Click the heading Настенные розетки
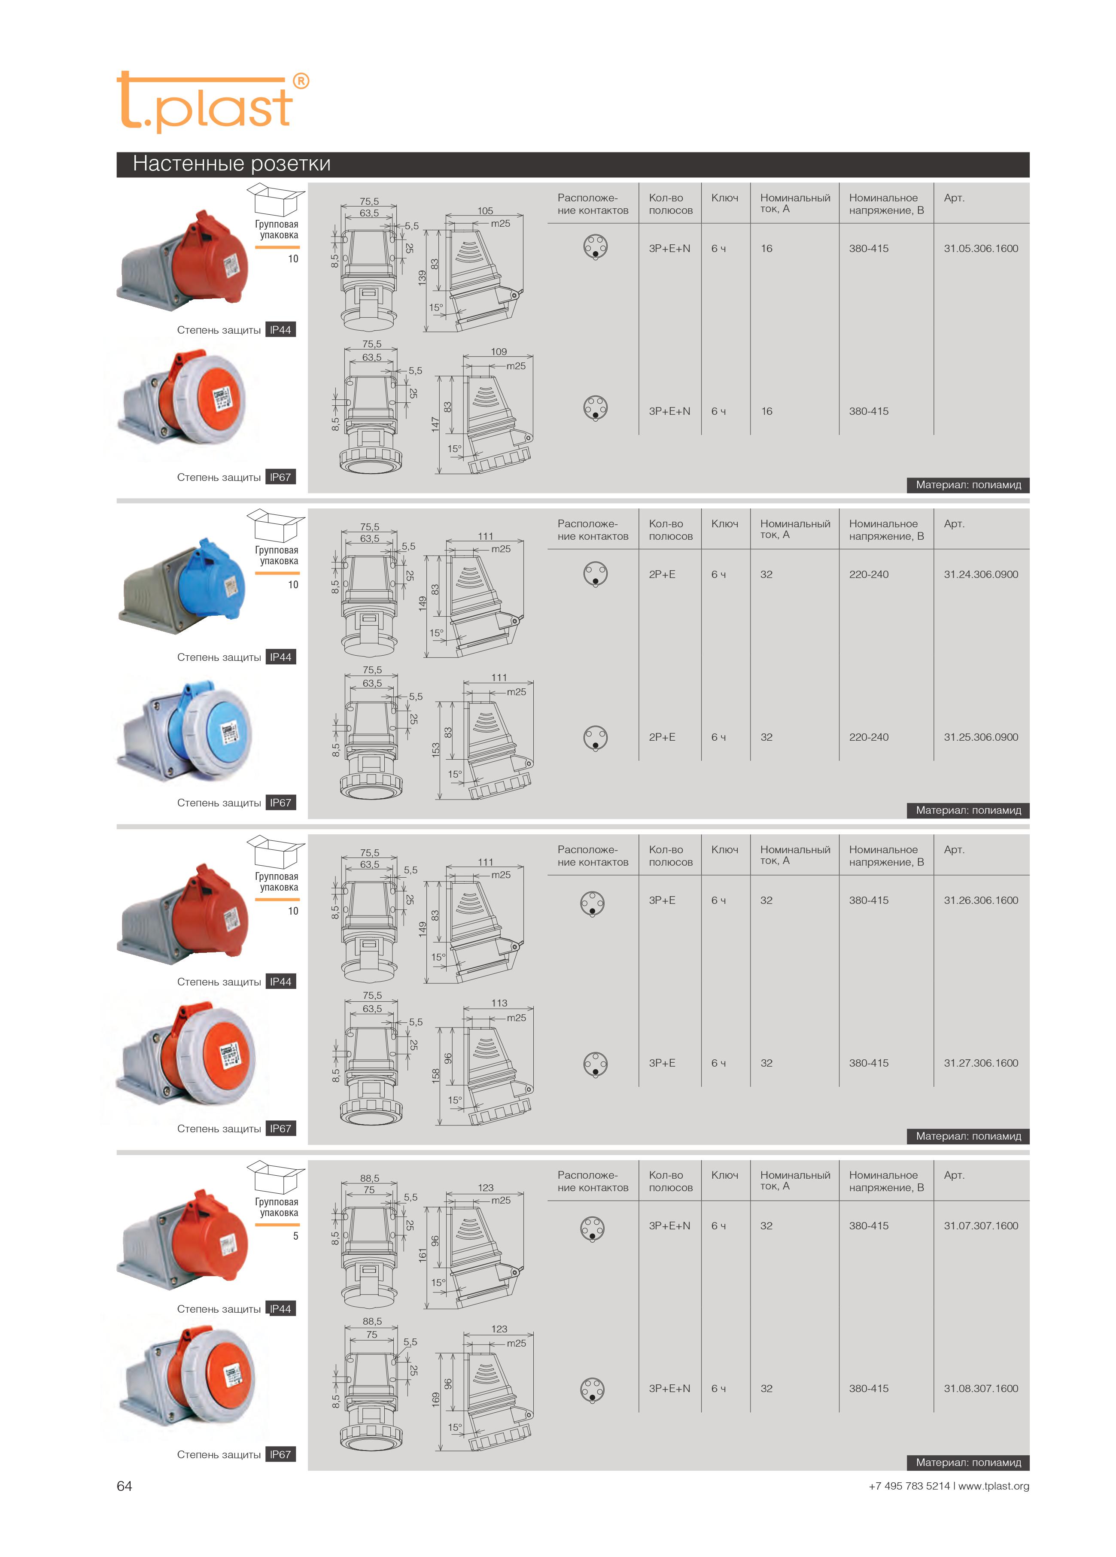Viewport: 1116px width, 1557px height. click(231, 164)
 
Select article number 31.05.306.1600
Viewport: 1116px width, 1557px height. click(980, 249)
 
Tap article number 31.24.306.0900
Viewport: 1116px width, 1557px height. click(980, 574)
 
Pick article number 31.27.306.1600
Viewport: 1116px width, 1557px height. click(980, 1063)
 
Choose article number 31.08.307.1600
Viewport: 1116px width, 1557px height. click(980, 1388)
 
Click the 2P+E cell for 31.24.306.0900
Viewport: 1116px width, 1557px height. click(662, 574)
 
